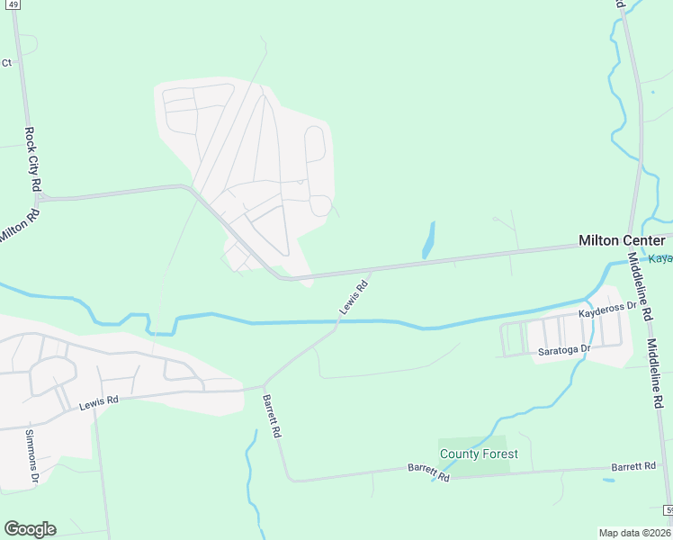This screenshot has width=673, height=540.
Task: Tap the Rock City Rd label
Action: coord(34,157)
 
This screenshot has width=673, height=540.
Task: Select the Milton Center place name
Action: coord(622,240)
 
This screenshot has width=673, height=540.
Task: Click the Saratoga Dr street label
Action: coord(564,349)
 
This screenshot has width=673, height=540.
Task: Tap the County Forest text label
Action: coord(478,454)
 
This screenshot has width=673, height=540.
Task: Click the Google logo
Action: coord(30,529)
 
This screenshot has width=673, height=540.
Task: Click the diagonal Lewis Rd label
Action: coord(354,298)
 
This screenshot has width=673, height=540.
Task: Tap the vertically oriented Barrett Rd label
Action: coord(272,416)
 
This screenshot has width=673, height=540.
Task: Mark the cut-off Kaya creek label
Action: coord(661,259)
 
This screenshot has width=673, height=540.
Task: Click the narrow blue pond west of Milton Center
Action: coord(428,240)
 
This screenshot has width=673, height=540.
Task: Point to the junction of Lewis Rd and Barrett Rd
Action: coord(264,388)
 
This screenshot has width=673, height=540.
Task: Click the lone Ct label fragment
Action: coord(6,63)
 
